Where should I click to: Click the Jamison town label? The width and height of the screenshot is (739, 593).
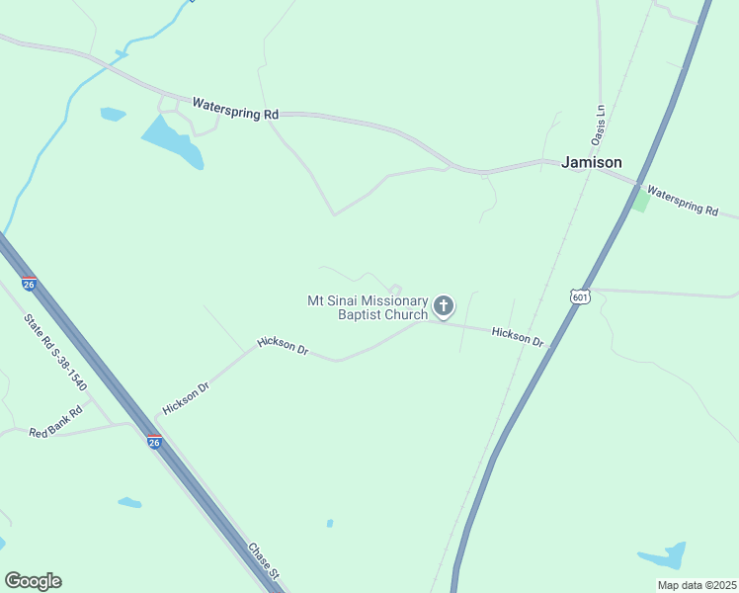point(592,162)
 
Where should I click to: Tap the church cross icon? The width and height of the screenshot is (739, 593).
point(444,306)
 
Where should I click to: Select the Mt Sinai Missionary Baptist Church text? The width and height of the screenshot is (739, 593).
point(368,307)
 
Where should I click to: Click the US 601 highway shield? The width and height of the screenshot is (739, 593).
point(579,296)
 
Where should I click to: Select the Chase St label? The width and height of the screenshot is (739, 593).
point(265,560)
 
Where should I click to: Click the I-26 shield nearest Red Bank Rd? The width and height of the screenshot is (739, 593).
point(154,443)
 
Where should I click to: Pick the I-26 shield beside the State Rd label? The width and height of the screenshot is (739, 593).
point(30,284)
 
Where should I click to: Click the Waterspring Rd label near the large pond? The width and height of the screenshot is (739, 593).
point(235,109)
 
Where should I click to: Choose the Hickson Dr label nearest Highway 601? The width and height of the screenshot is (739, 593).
point(518,337)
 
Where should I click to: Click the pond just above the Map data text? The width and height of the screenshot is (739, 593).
point(664,556)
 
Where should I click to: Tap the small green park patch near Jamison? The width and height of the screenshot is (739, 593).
point(642,202)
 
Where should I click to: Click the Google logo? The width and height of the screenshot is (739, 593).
point(33,581)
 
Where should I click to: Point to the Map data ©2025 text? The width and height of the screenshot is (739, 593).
point(696,585)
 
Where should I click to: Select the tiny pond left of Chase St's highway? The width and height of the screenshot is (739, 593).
point(129,503)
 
